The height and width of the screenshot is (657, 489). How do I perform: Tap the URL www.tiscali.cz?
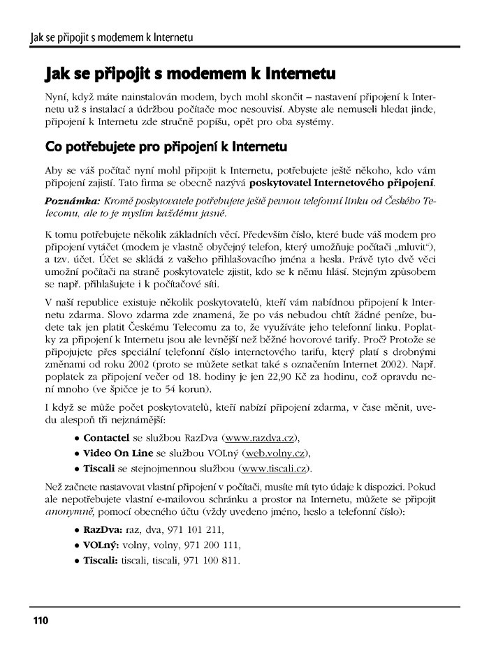click(275, 467)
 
